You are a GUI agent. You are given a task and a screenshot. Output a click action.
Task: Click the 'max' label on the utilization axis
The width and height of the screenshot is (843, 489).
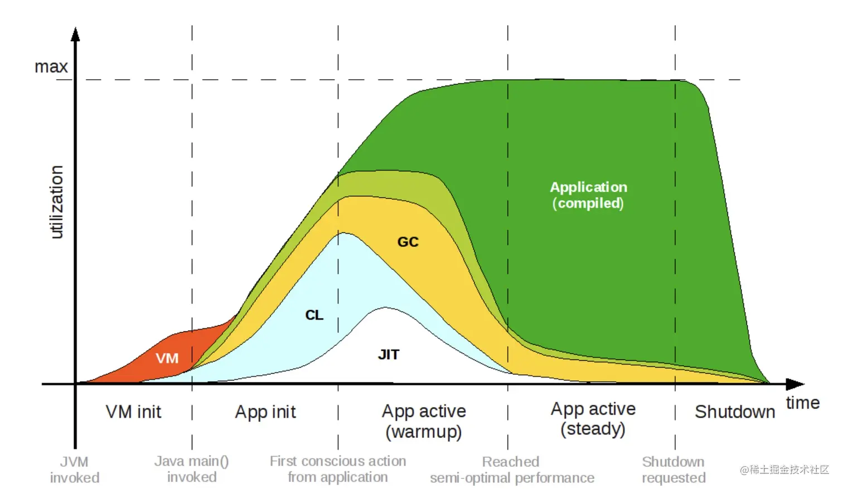(x=51, y=67)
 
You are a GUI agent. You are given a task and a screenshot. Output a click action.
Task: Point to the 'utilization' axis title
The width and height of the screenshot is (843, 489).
(x=56, y=202)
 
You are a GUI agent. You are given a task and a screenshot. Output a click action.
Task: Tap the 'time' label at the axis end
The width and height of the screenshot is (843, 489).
(x=802, y=403)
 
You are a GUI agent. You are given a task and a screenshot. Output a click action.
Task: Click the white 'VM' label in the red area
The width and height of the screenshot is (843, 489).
(x=167, y=358)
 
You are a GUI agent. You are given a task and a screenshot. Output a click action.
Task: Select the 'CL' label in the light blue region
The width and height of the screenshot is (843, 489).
(x=314, y=315)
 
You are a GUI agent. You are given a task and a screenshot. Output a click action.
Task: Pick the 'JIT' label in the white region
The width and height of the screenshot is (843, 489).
(x=389, y=354)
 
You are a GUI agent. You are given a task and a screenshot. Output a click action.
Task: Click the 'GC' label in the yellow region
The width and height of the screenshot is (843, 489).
(x=408, y=242)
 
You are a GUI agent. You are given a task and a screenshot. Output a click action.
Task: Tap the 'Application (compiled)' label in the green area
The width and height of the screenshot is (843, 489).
(x=588, y=195)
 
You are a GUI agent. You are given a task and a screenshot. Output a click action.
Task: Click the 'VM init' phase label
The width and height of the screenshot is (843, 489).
(x=133, y=412)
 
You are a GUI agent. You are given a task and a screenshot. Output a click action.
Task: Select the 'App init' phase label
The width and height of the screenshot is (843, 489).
(x=265, y=412)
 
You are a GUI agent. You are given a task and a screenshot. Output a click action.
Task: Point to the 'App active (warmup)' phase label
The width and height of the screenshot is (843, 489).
(x=424, y=421)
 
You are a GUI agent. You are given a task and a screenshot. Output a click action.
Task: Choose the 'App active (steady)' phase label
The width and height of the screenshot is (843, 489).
(x=593, y=419)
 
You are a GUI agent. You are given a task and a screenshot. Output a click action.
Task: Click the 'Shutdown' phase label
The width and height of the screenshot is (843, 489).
(x=735, y=412)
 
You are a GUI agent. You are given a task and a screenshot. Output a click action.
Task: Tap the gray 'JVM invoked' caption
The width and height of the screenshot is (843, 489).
(x=74, y=469)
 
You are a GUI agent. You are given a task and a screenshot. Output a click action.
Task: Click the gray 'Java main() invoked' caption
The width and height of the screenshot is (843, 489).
(x=192, y=469)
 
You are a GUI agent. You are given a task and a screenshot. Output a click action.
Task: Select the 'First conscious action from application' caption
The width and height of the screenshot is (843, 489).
(x=338, y=469)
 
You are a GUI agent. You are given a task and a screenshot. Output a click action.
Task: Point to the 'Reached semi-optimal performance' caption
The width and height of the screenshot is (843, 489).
(x=512, y=469)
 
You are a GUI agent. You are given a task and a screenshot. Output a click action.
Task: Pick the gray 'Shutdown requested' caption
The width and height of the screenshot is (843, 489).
(x=674, y=469)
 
